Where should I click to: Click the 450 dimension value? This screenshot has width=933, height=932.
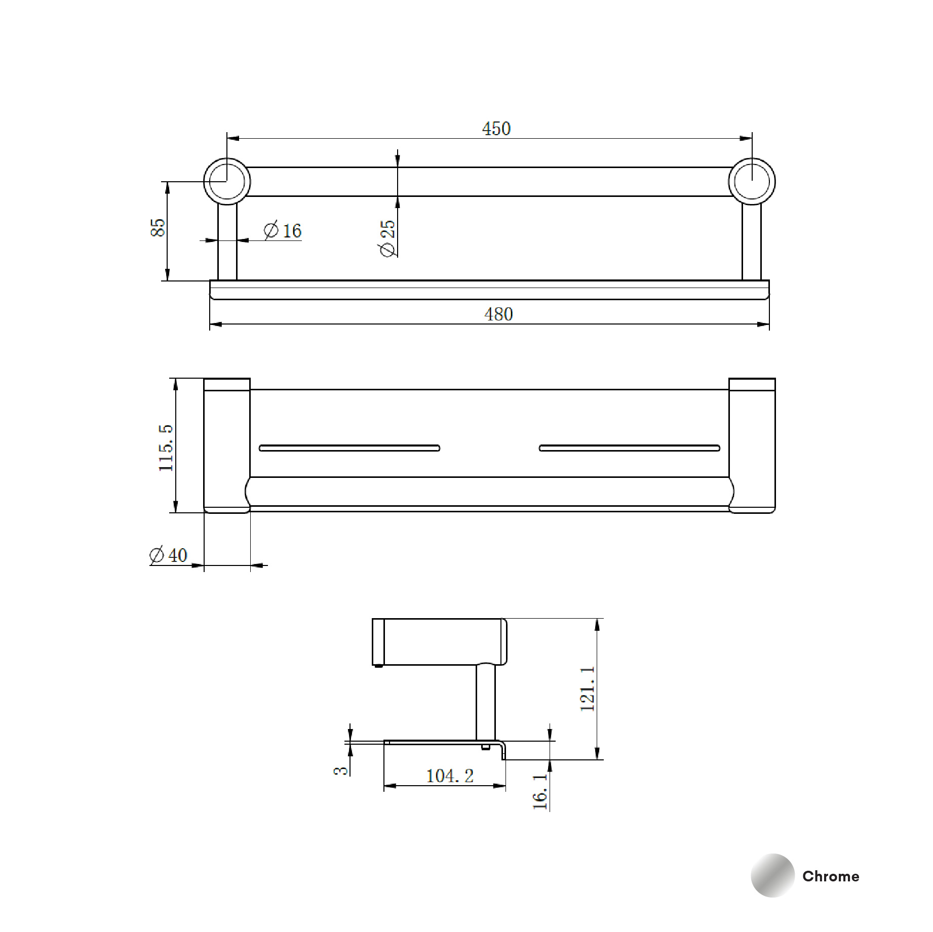coord(496,129)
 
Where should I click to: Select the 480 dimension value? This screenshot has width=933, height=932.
coord(498,314)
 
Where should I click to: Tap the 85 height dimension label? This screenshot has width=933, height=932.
coord(158,227)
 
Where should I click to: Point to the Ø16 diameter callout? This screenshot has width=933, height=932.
coord(283,231)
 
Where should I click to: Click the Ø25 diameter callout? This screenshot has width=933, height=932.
coord(387,238)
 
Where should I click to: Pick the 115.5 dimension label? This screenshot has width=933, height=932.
coord(166,448)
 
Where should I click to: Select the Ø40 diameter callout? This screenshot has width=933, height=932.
coord(169,555)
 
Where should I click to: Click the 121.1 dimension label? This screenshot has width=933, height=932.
coord(587,688)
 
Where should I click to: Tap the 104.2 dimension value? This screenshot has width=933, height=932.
coord(450,776)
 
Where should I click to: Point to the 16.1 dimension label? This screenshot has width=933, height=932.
coord(540,791)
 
